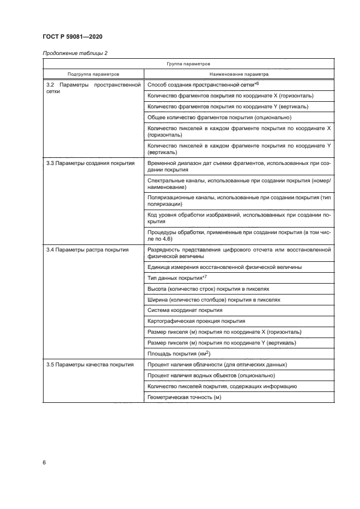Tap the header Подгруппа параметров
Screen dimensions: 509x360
point(93,74)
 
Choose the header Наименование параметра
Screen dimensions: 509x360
point(239,74)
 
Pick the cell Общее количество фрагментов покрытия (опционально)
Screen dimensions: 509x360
point(219,118)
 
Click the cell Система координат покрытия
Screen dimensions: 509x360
point(185,310)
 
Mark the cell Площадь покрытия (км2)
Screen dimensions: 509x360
point(180,353)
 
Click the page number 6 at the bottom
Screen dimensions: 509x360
point(44,462)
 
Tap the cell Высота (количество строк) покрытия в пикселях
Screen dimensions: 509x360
point(212,289)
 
